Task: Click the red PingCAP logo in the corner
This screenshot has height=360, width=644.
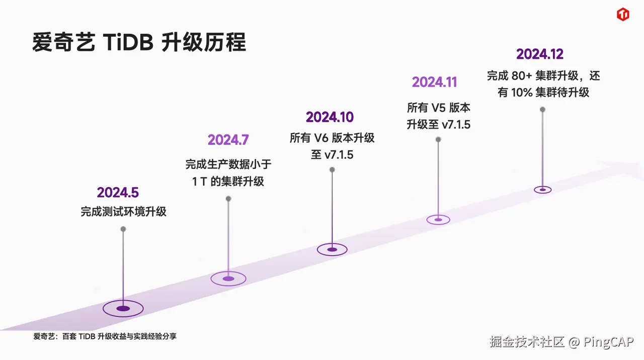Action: click(623, 15)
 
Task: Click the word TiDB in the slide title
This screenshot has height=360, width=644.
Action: click(128, 43)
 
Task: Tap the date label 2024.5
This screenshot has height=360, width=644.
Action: click(118, 193)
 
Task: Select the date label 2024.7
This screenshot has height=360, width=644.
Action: click(228, 140)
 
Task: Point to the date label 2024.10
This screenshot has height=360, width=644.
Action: click(330, 117)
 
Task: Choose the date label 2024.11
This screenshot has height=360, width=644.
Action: click(435, 82)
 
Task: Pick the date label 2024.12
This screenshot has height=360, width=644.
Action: click(540, 54)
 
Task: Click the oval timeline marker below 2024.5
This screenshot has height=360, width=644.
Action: click(123, 308)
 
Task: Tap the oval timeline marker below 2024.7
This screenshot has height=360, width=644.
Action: click(228, 279)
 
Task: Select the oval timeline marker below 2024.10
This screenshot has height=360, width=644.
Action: click(332, 249)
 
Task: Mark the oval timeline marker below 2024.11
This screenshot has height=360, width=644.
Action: click(438, 219)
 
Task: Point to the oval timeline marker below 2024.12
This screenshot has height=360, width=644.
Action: click(542, 190)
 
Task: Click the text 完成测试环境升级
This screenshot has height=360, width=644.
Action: click(123, 212)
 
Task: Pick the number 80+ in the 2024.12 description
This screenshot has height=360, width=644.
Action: click(521, 76)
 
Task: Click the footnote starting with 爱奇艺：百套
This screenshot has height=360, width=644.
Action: click(105, 336)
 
